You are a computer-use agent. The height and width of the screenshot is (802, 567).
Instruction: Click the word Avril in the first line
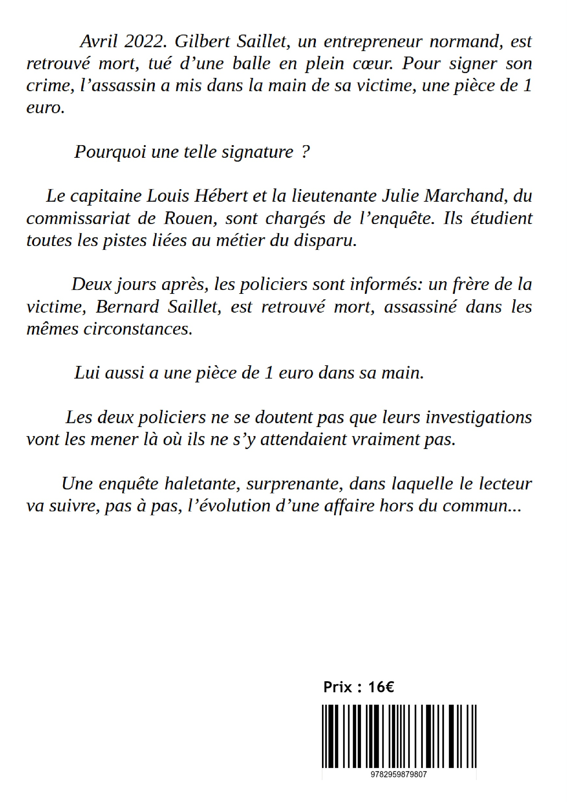point(99,42)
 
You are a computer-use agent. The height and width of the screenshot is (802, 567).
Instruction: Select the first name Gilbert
point(202,42)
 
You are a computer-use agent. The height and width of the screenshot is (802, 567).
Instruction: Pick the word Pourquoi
point(110,152)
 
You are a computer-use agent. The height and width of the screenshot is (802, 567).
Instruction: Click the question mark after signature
point(305,152)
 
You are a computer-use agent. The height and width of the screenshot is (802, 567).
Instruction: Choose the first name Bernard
point(127,307)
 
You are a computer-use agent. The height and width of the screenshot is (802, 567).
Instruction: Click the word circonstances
point(138,329)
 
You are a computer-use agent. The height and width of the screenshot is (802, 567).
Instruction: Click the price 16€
point(381,687)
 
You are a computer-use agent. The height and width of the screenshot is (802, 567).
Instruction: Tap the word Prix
point(337,687)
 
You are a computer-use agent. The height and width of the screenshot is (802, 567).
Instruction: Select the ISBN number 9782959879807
point(399,775)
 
